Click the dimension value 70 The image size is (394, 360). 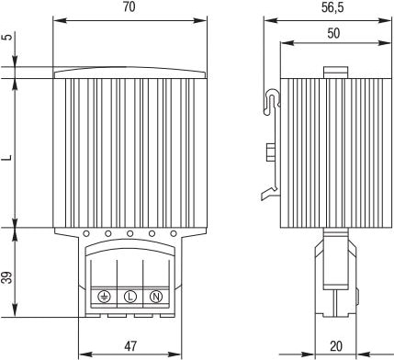pos(129,7)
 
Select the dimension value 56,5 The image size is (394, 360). pos(332,8)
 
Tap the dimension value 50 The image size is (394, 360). pos(333,33)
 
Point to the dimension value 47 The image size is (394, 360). pos(130,346)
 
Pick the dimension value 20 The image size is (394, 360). pos(336,346)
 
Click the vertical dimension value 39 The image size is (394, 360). pos(8,277)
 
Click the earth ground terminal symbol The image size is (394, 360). pos(105,297)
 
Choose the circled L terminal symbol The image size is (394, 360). pos(130,297)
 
